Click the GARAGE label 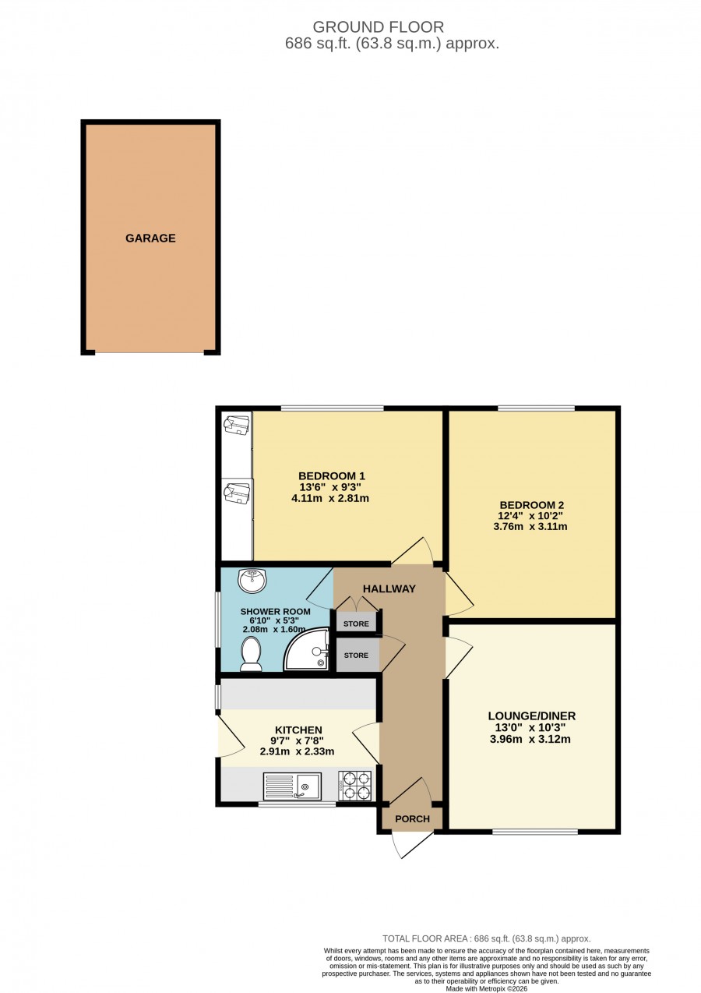pyautogui.click(x=150, y=238)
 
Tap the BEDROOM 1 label pyautogui.click(x=332, y=476)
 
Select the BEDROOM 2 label pyautogui.click(x=531, y=505)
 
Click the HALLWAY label pyautogui.click(x=389, y=588)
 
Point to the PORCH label pyautogui.click(x=412, y=818)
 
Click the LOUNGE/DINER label pyautogui.click(x=532, y=716)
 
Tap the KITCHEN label pyautogui.click(x=298, y=730)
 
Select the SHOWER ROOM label pyautogui.click(x=275, y=611)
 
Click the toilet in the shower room pyautogui.click(x=252, y=654)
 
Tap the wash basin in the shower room pyautogui.click(x=252, y=581)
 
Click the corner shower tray pyautogui.click(x=307, y=648)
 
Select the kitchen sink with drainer pyautogui.click(x=292, y=786)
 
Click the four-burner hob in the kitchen pyautogui.click(x=355, y=786)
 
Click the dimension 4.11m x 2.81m pyautogui.click(x=330, y=498)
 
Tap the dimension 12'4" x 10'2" pyautogui.click(x=531, y=516)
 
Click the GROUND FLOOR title pyautogui.click(x=378, y=27)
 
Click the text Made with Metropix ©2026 pyautogui.click(x=487, y=988)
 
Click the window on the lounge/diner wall pyautogui.click(x=535, y=832)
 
